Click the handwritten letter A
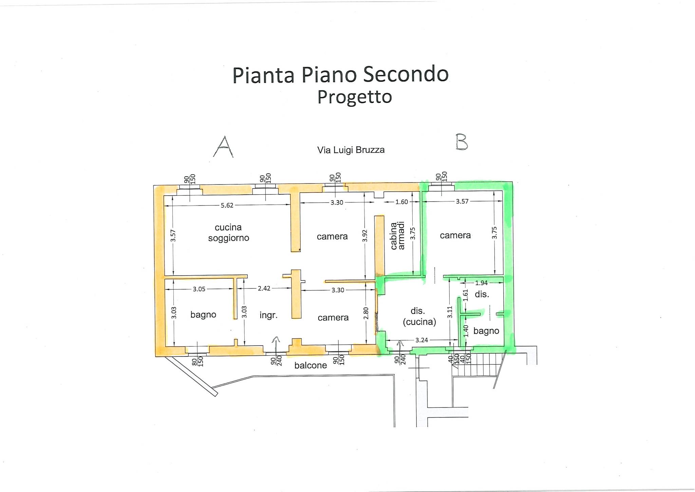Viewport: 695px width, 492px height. click(x=223, y=147)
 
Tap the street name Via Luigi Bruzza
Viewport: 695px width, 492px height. click(x=351, y=150)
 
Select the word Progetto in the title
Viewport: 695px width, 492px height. click(x=355, y=97)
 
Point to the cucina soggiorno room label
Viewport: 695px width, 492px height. click(x=228, y=232)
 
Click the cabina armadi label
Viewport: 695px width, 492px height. click(x=398, y=236)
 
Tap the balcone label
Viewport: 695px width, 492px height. click(x=311, y=365)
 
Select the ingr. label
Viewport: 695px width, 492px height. click(x=268, y=315)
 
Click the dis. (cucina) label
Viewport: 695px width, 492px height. click(x=419, y=316)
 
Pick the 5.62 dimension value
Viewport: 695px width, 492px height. click(x=227, y=205)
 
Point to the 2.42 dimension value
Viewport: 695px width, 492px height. click(x=264, y=288)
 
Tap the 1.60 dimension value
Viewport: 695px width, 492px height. click(x=402, y=202)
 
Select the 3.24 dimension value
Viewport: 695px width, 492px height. click(x=421, y=340)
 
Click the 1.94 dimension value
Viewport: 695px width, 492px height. click(x=481, y=283)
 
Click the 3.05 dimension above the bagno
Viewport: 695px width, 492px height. click(x=199, y=289)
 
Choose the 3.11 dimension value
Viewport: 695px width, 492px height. click(x=450, y=312)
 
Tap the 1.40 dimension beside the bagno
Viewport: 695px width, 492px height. click(x=466, y=331)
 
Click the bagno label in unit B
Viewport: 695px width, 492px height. click(x=486, y=331)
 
